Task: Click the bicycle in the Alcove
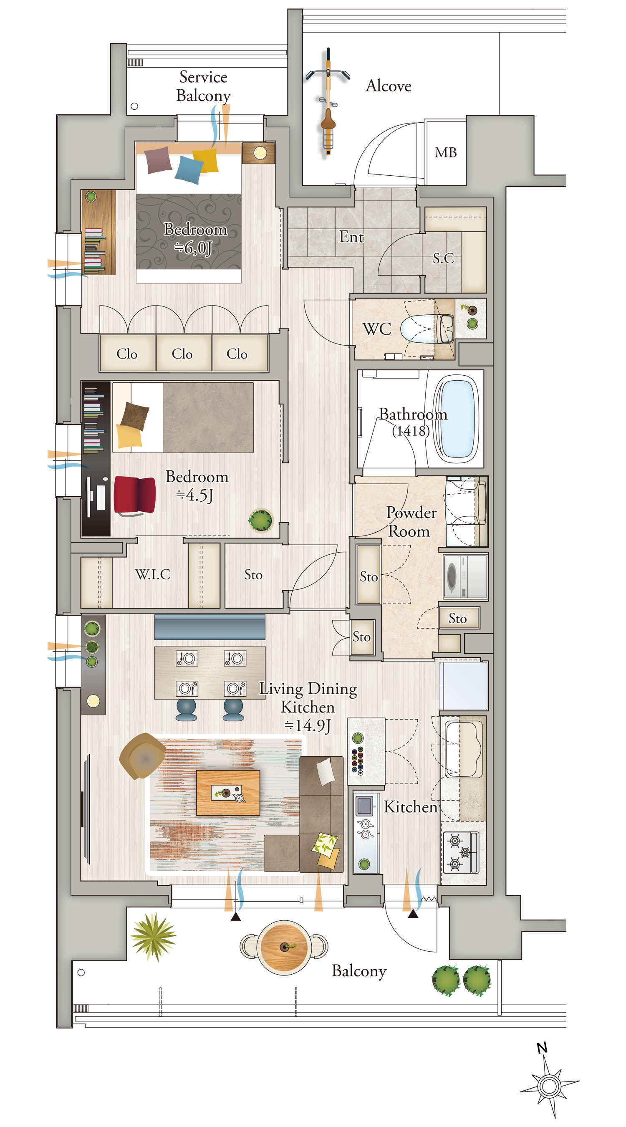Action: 328,101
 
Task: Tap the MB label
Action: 445,152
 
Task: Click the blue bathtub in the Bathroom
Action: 457,418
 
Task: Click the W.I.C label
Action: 152,574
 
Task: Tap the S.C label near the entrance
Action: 443,258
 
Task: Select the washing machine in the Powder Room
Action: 465,576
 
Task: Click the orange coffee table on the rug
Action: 227,792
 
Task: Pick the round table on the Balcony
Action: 284,947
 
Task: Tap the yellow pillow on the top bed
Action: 205,161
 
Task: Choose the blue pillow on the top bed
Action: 189,170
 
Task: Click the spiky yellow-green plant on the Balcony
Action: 153,937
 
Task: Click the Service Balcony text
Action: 203,86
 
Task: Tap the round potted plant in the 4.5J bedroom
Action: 260,520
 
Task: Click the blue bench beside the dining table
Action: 210,627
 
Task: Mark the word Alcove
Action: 389,86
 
